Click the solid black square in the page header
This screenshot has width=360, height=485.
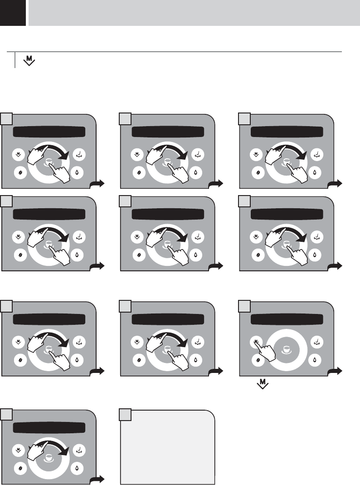point(12,13)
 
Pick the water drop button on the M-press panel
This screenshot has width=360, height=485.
point(316,360)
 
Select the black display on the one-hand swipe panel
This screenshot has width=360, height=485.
point(49,427)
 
